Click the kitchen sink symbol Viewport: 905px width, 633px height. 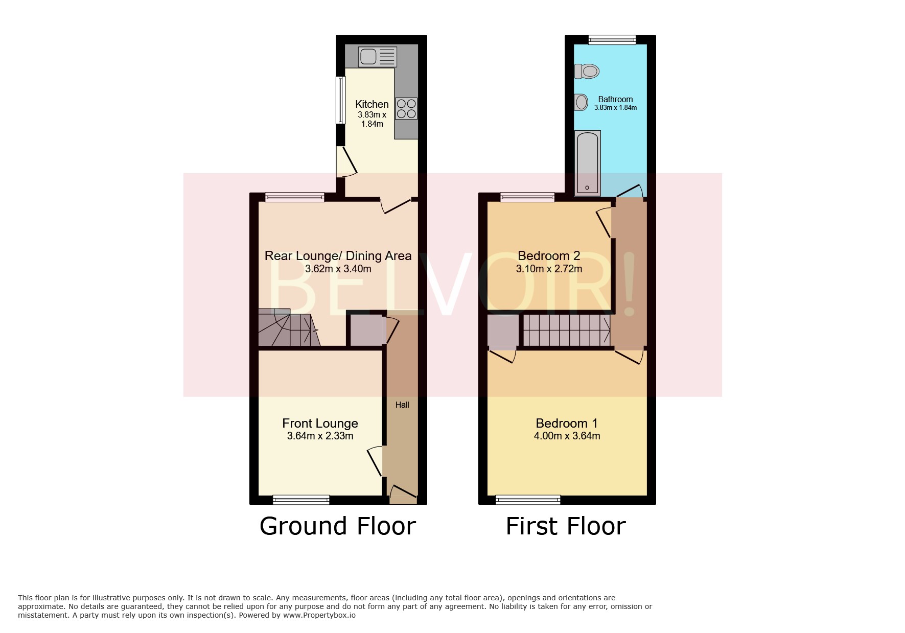click(378, 57)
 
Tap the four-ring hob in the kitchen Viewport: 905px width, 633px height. click(406, 109)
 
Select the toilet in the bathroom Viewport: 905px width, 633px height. click(586, 71)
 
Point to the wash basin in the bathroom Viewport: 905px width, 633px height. click(581, 103)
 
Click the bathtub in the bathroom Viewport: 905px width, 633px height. click(587, 162)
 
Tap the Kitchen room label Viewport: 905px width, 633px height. click(372, 104)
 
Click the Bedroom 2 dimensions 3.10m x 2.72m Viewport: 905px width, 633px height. click(549, 269)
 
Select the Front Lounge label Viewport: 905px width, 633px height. click(320, 423)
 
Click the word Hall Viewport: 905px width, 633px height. click(402, 405)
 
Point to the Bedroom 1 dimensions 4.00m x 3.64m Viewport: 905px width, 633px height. click(567, 436)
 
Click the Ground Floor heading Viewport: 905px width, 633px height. click(338, 526)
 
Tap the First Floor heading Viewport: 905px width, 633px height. click(566, 526)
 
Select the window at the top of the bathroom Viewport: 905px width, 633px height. click(612, 40)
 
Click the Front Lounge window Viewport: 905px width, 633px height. click(301, 500)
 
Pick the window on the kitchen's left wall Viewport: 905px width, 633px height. click(340, 100)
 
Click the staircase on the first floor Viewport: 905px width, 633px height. click(566, 330)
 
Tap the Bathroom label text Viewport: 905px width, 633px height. click(615, 99)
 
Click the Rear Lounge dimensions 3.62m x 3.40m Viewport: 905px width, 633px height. click(338, 269)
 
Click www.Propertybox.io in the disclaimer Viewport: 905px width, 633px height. click(319, 615)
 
